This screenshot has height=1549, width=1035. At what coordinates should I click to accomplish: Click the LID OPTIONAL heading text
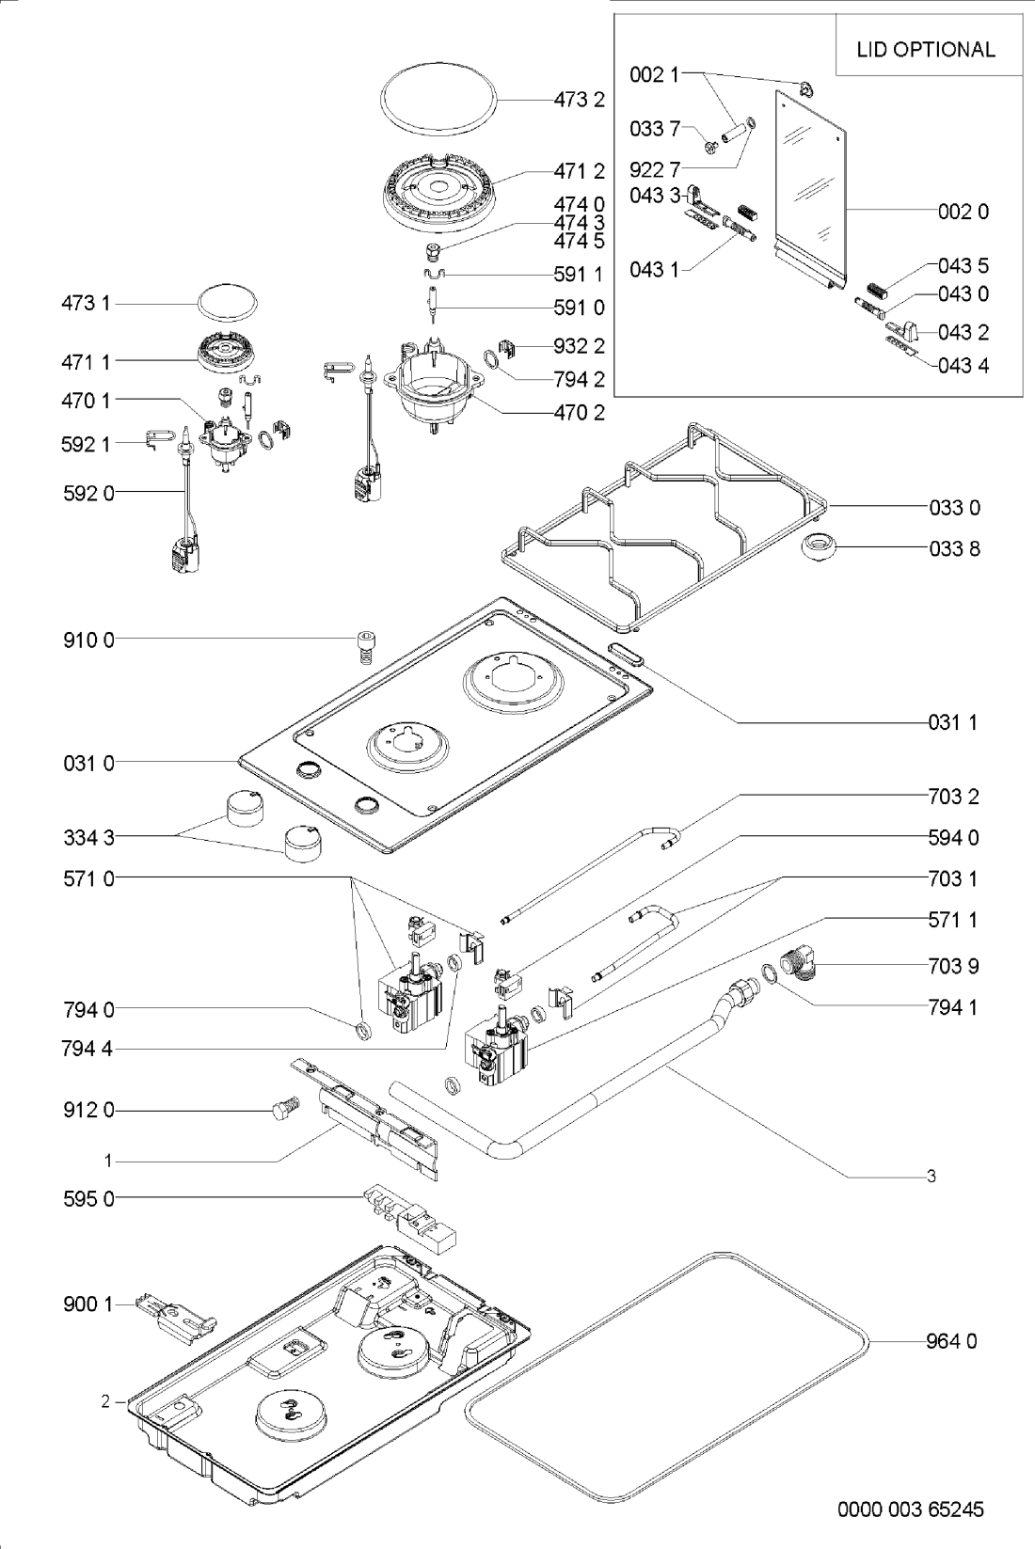[x=925, y=50]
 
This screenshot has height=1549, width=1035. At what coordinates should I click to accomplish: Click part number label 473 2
[x=579, y=99]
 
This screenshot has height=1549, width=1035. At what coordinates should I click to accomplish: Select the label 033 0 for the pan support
[x=954, y=508]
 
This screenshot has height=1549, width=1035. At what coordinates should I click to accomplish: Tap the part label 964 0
[x=951, y=1341]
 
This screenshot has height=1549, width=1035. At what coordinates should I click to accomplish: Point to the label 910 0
[x=88, y=640]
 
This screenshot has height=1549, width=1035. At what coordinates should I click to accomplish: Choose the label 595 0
[x=88, y=1199]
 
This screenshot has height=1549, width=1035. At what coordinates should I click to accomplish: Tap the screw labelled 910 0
[x=364, y=645]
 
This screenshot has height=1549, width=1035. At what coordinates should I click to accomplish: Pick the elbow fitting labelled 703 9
[x=799, y=966]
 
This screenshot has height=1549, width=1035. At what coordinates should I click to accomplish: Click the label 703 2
[x=953, y=798]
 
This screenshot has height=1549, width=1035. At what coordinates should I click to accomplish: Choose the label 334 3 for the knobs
[x=88, y=835]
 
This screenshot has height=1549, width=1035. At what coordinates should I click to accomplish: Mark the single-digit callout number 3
[x=931, y=1176]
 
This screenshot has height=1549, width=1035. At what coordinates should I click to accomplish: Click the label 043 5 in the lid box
[x=963, y=266]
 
